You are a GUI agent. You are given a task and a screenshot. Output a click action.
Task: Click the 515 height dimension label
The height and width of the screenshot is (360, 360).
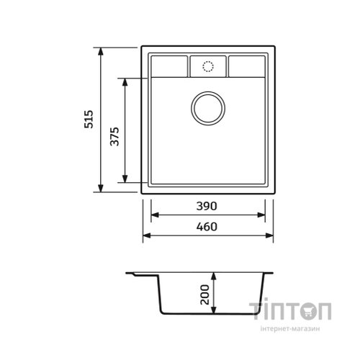[x=89, y=120]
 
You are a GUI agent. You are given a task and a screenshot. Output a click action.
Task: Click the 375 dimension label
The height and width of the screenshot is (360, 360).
[x=114, y=137]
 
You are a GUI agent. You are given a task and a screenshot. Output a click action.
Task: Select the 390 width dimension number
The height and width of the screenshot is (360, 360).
[x=207, y=206]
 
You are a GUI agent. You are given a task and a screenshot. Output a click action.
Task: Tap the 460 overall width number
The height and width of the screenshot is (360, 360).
[x=207, y=227]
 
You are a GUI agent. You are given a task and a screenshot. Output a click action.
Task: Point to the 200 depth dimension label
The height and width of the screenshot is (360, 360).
[x=204, y=294]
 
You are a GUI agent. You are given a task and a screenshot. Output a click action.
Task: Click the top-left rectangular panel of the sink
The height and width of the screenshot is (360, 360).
[x=169, y=66]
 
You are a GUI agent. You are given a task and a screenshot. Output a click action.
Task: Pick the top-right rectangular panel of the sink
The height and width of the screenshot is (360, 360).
[x=247, y=66]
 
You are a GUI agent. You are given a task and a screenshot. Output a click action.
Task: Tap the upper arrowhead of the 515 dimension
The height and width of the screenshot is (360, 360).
[x=101, y=52]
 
